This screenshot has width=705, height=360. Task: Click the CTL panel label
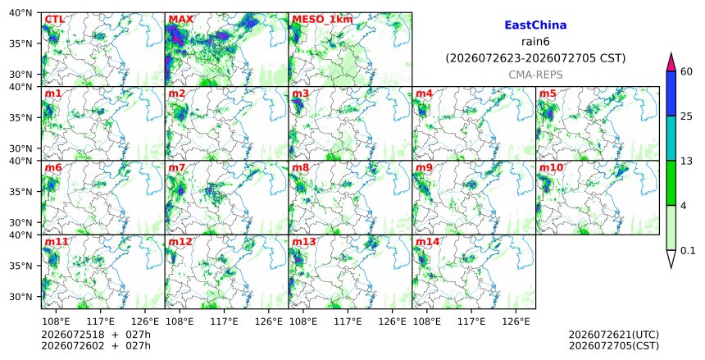54,20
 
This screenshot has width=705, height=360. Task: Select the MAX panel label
180,20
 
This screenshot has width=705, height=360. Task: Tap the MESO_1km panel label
322,20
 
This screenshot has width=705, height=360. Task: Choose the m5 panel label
548,93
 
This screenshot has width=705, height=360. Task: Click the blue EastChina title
535,25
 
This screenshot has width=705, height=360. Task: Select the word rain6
535,42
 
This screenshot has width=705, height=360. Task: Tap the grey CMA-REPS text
535,75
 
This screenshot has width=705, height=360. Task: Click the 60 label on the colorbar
686,71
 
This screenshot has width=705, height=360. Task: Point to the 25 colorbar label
686,116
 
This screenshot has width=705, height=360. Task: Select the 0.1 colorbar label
688,251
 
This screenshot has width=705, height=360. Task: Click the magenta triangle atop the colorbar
671,63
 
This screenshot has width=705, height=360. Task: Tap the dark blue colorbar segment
671,93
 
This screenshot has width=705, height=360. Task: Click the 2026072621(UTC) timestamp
614,335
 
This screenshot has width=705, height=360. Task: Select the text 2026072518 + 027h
96,335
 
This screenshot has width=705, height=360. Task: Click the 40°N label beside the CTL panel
20,12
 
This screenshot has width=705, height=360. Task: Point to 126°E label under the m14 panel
516,321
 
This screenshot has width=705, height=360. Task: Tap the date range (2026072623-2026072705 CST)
535,58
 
